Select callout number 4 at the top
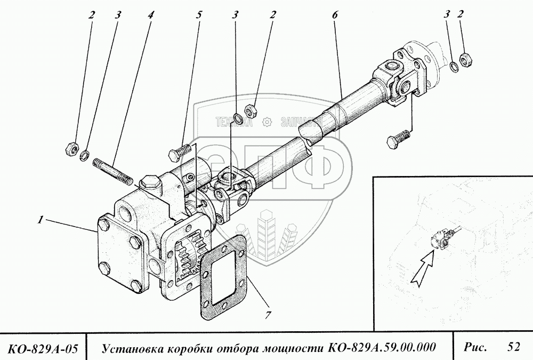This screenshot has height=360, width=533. [x=151, y=15]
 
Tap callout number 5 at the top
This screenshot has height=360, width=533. [x=199, y=15]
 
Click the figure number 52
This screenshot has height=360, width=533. [x=513, y=347]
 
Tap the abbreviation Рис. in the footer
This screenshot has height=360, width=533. [x=475, y=347]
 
